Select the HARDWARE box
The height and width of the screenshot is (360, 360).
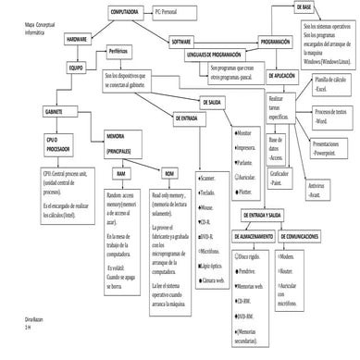[77, 41]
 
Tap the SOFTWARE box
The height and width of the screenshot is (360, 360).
[181, 42]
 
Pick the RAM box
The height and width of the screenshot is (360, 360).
[120, 174]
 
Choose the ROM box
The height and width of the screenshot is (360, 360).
[168, 174]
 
